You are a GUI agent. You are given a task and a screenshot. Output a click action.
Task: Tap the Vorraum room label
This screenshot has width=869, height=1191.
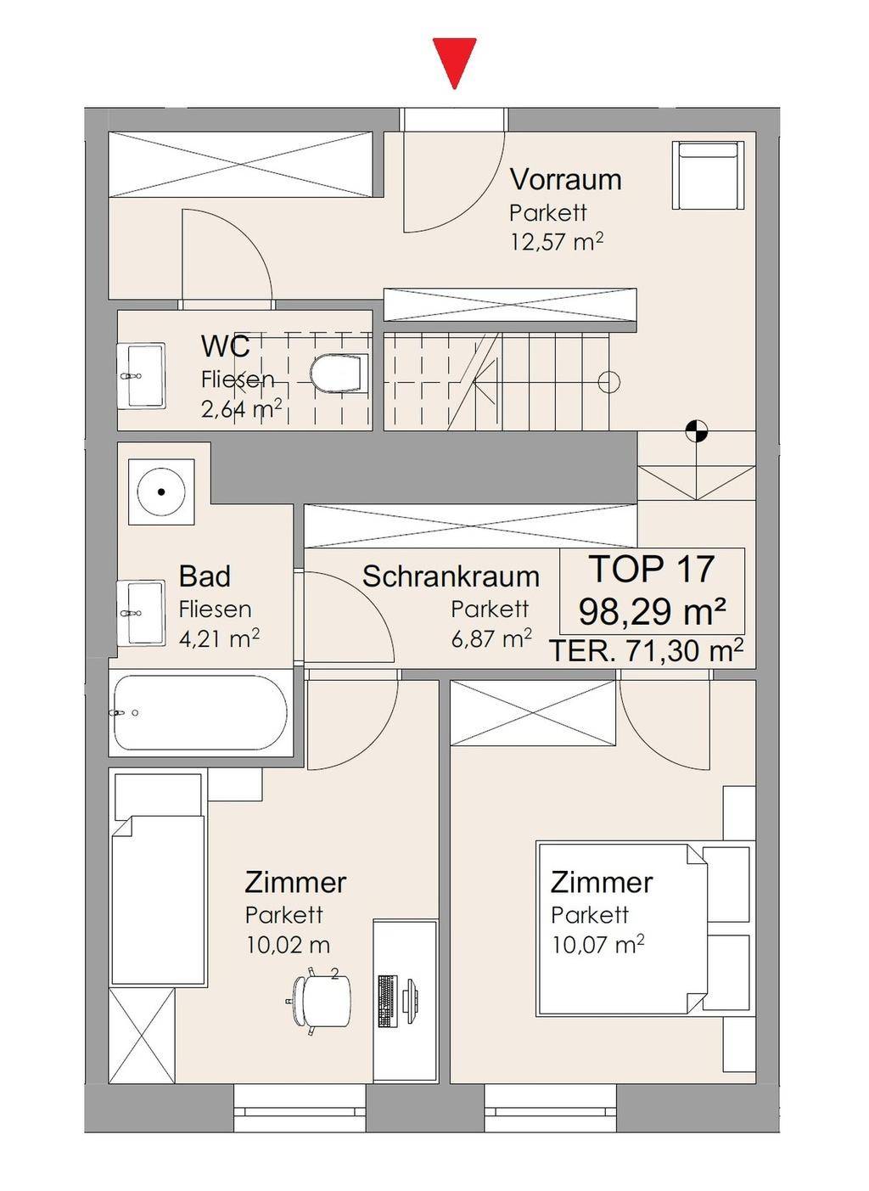pos(566,179)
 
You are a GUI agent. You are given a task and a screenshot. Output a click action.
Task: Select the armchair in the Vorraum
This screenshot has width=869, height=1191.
pos(708,176)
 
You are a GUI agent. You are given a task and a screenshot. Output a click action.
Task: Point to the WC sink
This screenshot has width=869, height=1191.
pos(141,375)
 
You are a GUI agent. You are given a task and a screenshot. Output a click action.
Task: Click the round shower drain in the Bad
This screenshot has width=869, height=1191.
pos(161,492)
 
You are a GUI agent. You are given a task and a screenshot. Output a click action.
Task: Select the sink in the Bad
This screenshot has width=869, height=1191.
pos(141,613)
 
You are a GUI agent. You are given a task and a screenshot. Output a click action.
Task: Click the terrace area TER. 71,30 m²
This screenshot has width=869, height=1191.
pos(646,650)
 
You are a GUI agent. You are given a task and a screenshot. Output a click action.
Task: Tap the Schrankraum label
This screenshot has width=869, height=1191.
pos(451,576)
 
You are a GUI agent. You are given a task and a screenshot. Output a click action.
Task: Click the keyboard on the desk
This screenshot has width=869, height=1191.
pos(387,1001)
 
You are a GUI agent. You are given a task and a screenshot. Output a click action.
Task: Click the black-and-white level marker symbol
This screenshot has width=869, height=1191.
pos(696,430)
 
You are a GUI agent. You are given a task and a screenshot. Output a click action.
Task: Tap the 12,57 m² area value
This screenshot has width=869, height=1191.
pos(557,242)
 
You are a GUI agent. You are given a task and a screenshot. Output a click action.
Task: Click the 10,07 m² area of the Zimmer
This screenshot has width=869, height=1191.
pos(598,946)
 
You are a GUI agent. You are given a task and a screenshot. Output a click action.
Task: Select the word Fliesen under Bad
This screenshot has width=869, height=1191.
pos(215,610)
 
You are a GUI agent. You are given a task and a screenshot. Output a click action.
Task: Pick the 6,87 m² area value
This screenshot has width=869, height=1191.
pos(491,638)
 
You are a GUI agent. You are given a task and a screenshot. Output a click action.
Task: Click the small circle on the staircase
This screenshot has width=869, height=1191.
pos(608,381)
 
